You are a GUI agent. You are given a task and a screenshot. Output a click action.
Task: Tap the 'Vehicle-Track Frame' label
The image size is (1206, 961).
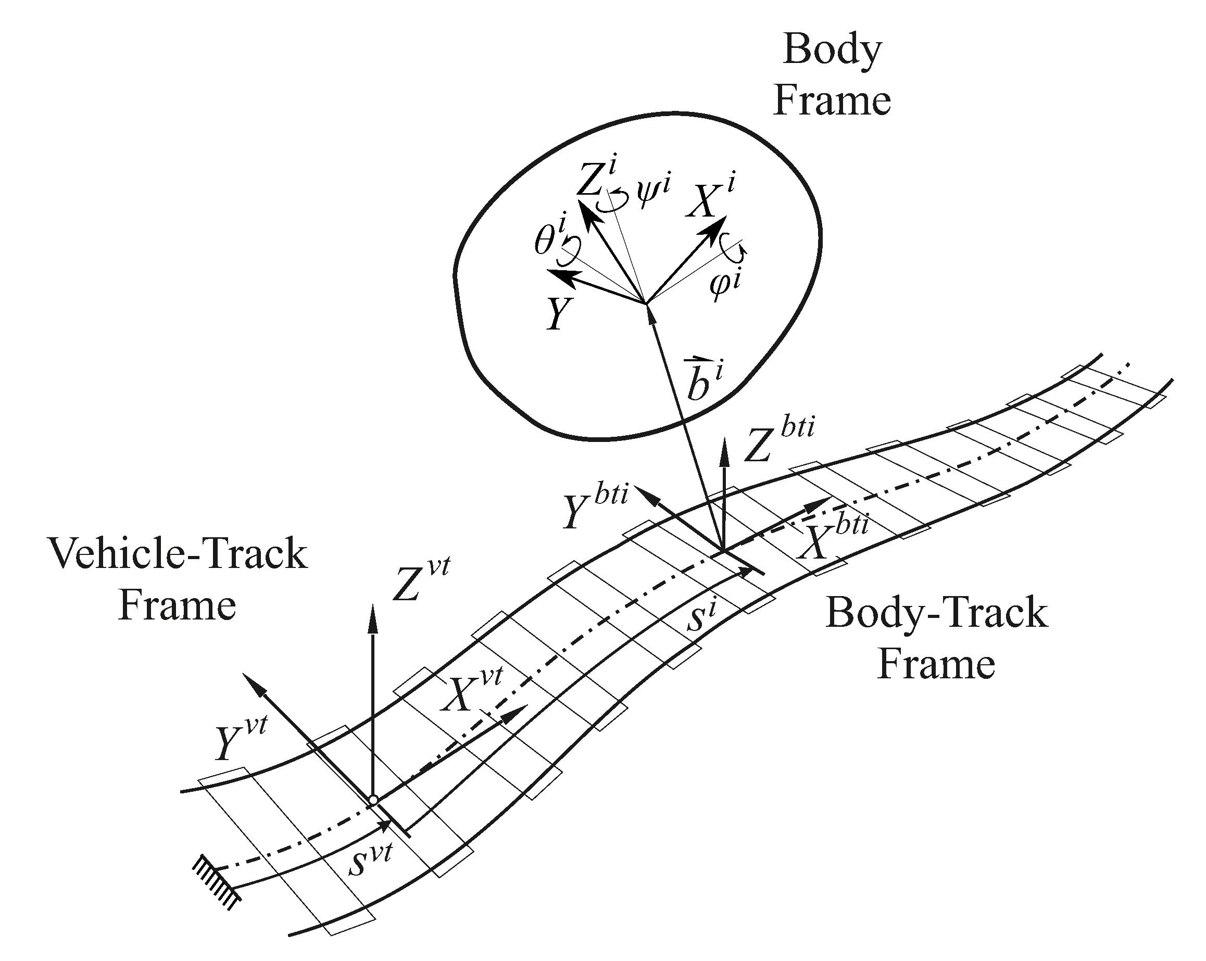pos(178,579)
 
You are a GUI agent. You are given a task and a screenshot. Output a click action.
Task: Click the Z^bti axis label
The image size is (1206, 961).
pos(778,442)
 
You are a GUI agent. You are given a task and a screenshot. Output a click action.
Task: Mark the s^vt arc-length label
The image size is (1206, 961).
pos(370,858)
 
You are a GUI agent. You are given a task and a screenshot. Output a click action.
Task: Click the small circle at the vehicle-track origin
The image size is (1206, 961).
pos(373,800)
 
